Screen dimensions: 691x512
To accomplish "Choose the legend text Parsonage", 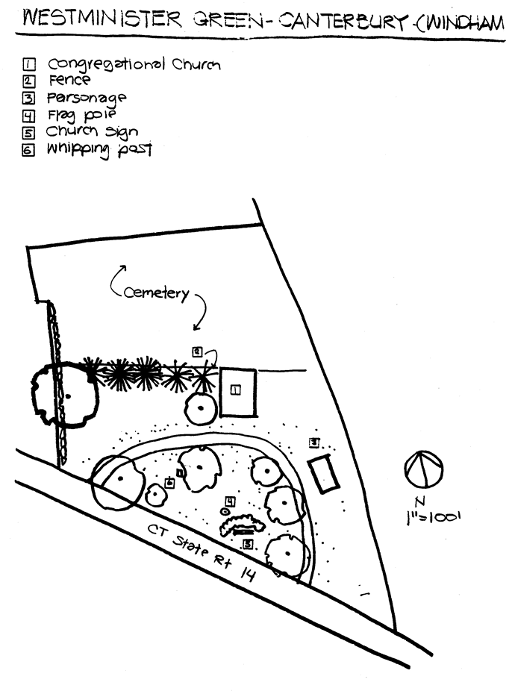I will click(x=87, y=98).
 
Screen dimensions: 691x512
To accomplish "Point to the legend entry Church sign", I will click(x=92, y=132).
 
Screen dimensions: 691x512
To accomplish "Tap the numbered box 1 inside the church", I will click(x=236, y=388).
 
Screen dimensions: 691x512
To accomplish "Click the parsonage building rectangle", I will click(x=323, y=473).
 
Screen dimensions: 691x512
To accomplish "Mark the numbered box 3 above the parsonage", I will click(x=315, y=442).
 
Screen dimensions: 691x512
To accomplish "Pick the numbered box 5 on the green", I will click(x=248, y=543).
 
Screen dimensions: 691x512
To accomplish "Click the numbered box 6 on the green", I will click(x=169, y=483).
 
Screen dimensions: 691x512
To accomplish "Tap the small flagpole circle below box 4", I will click(x=225, y=512).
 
